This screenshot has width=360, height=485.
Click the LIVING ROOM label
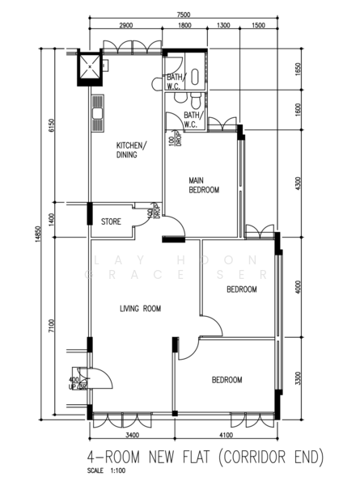140,308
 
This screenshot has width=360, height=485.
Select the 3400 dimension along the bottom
132,435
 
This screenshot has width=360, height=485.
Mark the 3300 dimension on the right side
299,378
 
